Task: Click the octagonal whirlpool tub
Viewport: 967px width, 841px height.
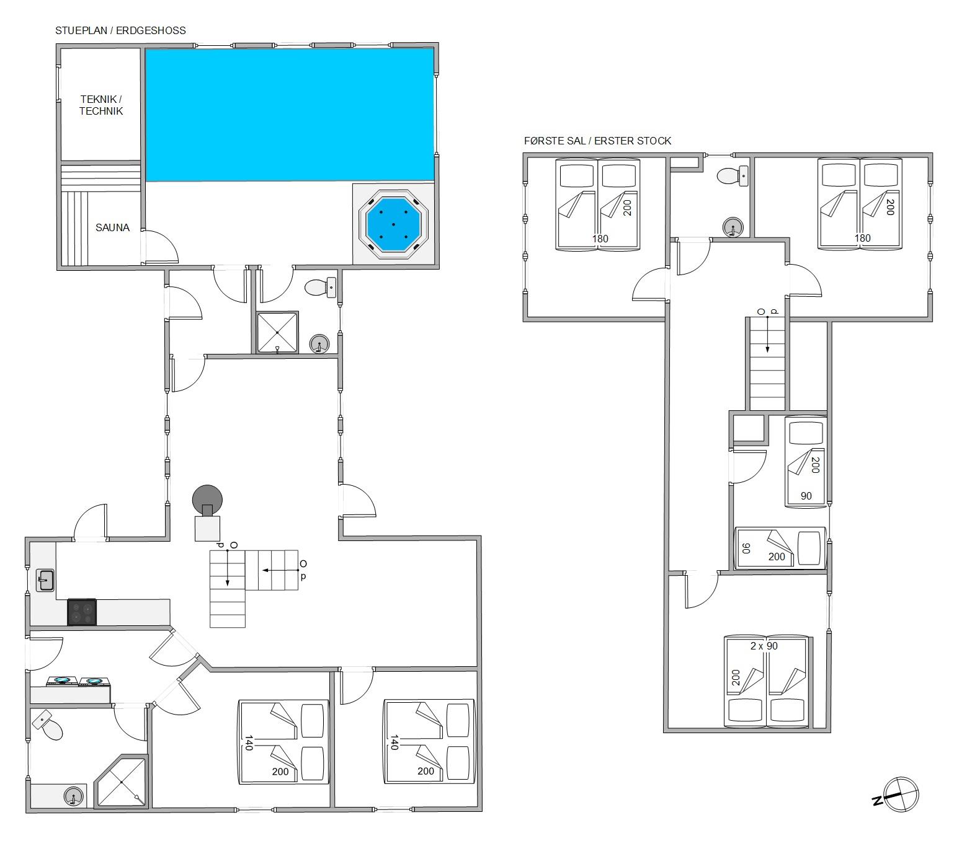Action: (393, 224)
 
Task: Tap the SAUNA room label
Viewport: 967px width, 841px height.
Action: (112, 227)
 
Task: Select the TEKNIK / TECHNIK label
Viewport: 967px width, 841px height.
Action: (100, 105)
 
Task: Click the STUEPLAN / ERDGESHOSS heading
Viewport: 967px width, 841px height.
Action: (120, 30)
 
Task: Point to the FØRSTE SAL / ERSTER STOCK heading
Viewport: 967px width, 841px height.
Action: (597, 141)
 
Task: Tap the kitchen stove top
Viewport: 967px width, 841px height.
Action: (82, 612)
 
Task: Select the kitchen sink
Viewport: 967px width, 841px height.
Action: (45, 580)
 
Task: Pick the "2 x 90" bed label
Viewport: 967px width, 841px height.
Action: (764, 646)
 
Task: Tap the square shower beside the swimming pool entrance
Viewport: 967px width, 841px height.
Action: (277, 332)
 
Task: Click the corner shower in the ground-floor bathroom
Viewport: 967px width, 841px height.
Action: (122, 782)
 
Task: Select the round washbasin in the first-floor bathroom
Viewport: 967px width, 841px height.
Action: (733, 227)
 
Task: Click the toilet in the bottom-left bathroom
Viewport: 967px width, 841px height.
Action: (47, 725)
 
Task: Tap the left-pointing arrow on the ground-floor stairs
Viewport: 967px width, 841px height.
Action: (280, 570)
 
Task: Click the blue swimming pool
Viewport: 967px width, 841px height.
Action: (290, 115)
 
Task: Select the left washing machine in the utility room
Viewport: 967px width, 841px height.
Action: (62, 681)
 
